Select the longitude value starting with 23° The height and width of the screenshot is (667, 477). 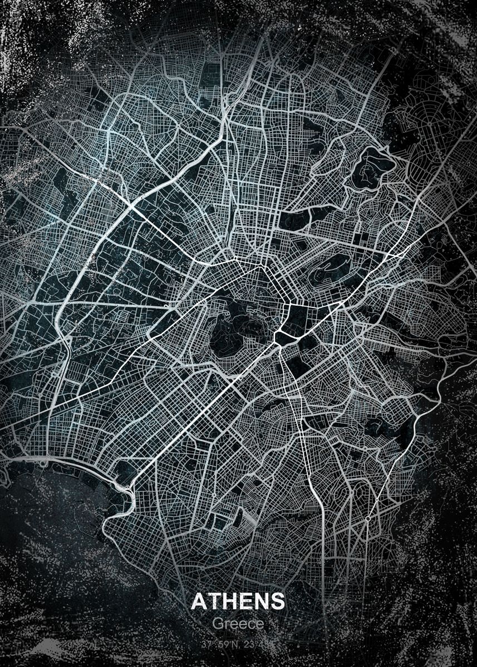(x=255, y=645)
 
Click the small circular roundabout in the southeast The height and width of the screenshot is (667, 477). (x=368, y=519)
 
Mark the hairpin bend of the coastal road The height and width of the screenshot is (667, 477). (x=127, y=489)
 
